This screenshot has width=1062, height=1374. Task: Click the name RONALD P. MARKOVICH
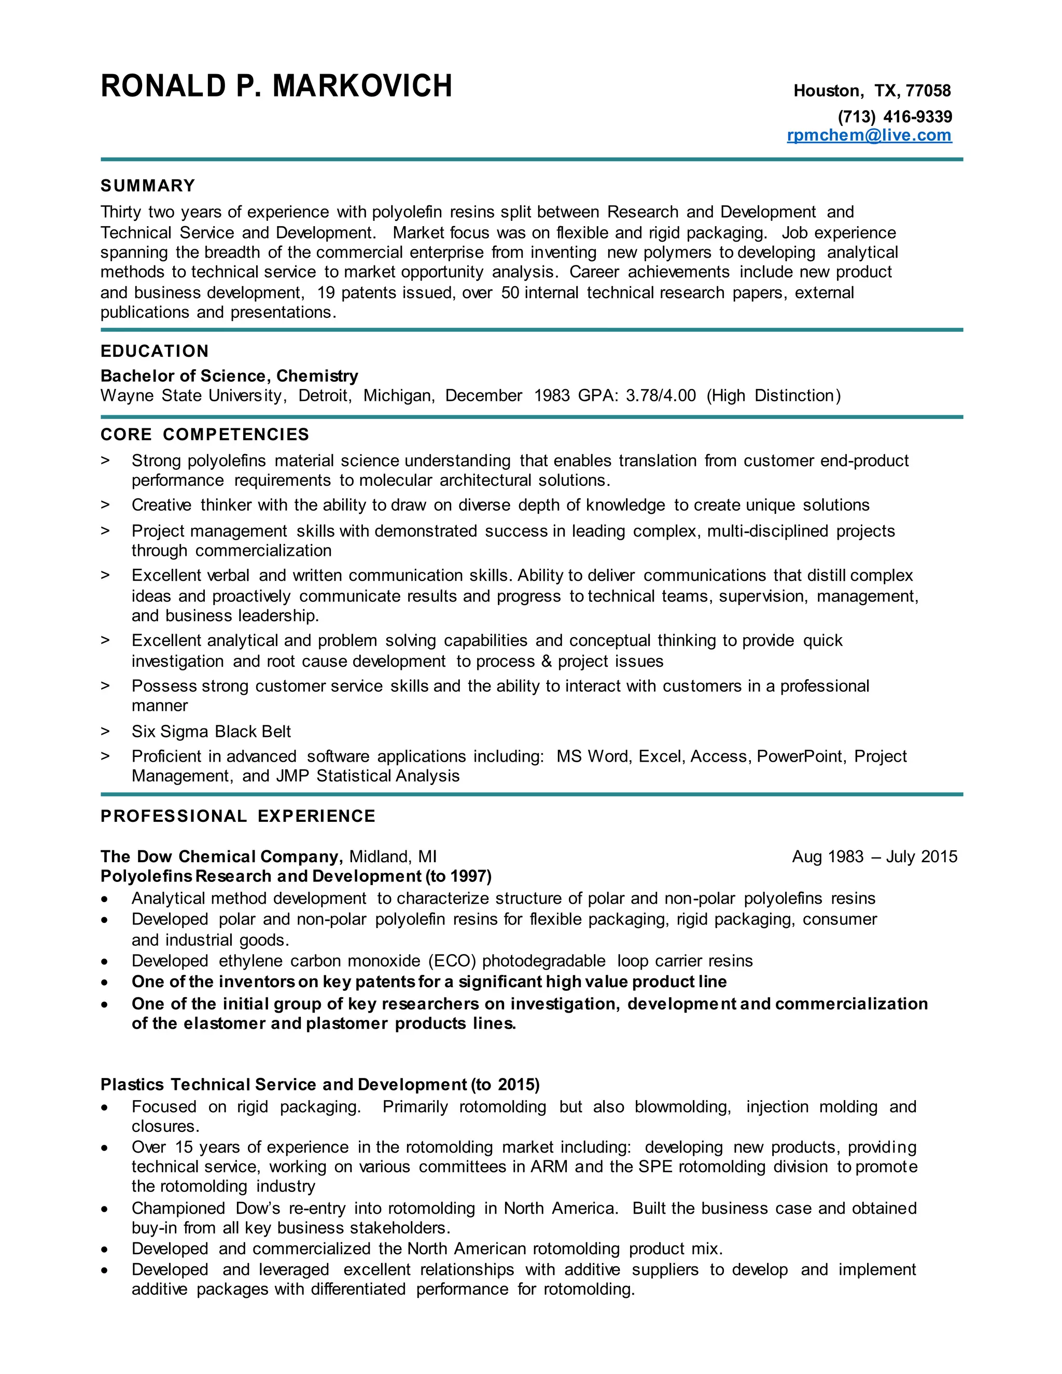276,86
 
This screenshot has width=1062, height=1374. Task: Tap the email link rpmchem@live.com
869,135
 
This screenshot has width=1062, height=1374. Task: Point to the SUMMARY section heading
148,186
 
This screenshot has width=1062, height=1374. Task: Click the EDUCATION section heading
154,351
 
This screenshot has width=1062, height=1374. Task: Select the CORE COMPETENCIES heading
204,434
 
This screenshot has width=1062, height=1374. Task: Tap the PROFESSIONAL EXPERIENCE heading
238,816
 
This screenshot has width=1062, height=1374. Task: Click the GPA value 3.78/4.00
661,396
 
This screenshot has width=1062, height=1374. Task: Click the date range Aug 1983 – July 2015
874,857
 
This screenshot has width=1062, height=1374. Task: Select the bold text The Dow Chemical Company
221,857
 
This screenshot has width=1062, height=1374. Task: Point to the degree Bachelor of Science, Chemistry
229,376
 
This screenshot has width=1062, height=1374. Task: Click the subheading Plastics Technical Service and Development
283,1085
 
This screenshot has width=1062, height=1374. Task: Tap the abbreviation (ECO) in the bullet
452,961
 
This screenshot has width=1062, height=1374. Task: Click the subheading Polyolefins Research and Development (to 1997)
296,876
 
